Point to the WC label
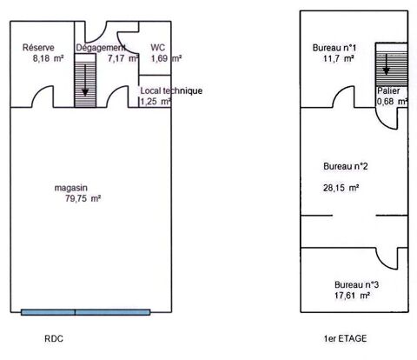click(x=158, y=48)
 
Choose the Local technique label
click(x=171, y=90)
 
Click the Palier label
click(x=388, y=90)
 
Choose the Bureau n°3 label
click(x=357, y=284)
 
